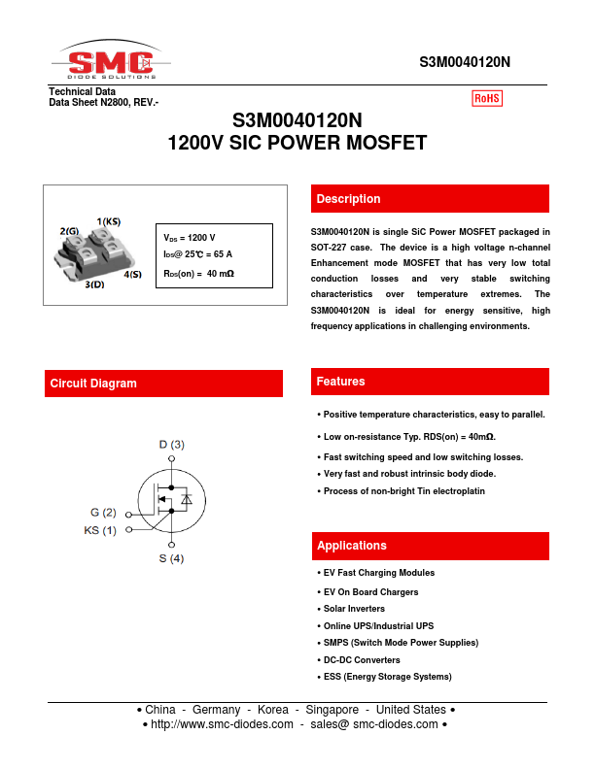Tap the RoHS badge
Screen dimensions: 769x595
(x=487, y=98)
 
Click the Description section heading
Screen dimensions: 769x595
(x=348, y=199)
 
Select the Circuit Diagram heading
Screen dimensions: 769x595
(x=93, y=384)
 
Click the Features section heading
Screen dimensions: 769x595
(x=340, y=383)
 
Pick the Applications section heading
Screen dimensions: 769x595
(x=352, y=546)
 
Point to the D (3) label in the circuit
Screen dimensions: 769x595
(x=171, y=445)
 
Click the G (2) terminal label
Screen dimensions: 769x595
(x=104, y=513)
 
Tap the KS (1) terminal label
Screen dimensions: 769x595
(x=100, y=530)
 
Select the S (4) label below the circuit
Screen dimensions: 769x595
(x=171, y=559)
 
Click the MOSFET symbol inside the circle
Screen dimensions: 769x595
(x=170, y=501)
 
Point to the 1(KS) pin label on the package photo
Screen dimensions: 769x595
(x=109, y=221)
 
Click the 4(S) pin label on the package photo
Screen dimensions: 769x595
(x=132, y=275)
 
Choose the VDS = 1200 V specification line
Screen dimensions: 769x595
(x=190, y=238)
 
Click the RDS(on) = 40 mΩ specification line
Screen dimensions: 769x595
(x=198, y=274)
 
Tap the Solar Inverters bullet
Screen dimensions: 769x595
(x=354, y=609)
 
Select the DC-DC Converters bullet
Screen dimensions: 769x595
(x=362, y=659)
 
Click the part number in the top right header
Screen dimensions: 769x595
(x=465, y=62)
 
